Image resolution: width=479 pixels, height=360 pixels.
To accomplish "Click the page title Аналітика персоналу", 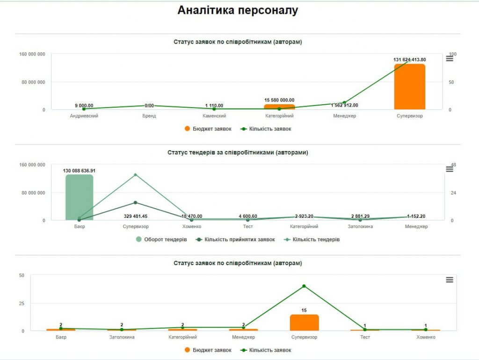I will [238, 11].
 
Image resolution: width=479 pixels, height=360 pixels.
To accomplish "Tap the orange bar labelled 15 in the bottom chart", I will [304, 323].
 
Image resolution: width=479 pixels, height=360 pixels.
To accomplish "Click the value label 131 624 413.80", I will [410, 59].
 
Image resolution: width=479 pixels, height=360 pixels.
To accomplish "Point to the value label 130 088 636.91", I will [79, 171].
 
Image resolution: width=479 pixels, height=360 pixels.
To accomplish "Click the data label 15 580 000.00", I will [279, 100].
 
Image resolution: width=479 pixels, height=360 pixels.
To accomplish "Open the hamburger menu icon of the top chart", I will [450, 58].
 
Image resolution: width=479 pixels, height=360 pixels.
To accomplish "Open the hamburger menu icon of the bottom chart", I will [450, 280].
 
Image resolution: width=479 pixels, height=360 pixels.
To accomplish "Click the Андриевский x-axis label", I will [84, 116].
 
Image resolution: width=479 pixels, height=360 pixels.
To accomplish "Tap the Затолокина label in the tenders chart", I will [360, 227].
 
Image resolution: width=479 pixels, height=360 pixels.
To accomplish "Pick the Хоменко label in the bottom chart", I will [426, 337].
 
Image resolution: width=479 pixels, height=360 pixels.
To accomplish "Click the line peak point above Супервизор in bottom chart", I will [304, 286].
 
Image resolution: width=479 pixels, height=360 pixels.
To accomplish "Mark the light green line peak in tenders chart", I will [136, 175].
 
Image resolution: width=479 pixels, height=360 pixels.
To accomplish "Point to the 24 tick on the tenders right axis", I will [453, 193].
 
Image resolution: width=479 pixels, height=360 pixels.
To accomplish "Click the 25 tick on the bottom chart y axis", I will [22, 303].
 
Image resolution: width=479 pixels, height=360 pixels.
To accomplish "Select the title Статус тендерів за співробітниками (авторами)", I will [238, 152].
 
